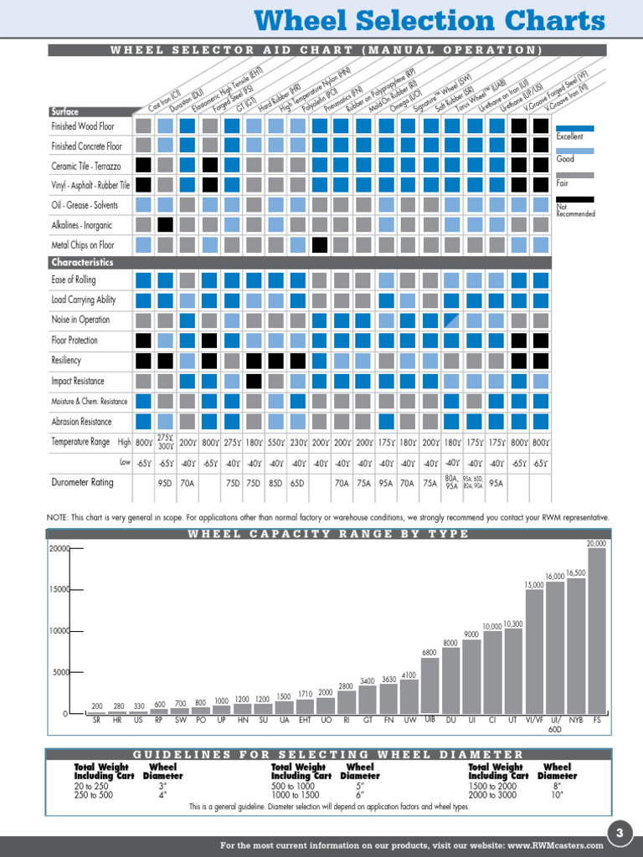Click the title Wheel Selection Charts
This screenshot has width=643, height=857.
(x=429, y=21)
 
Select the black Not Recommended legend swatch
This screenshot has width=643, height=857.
(x=575, y=200)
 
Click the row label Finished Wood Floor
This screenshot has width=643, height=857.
(x=84, y=126)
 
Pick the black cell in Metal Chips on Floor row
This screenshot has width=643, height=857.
(x=319, y=245)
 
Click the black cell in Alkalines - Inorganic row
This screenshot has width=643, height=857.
(x=166, y=225)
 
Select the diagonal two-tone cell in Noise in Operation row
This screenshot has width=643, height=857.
(x=451, y=320)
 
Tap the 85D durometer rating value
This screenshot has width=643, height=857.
(x=275, y=483)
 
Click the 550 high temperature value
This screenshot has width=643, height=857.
(x=275, y=443)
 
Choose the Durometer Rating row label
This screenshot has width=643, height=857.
(x=82, y=483)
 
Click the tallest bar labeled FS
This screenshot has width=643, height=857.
(x=596, y=629)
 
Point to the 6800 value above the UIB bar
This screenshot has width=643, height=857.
(x=430, y=652)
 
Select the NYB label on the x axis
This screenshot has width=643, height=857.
(x=576, y=720)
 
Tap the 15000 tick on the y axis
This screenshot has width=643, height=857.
(x=59, y=589)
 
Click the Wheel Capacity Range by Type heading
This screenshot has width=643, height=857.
(x=328, y=534)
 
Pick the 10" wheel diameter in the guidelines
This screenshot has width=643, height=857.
(x=557, y=795)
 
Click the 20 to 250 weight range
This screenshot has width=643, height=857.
(x=91, y=786)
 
